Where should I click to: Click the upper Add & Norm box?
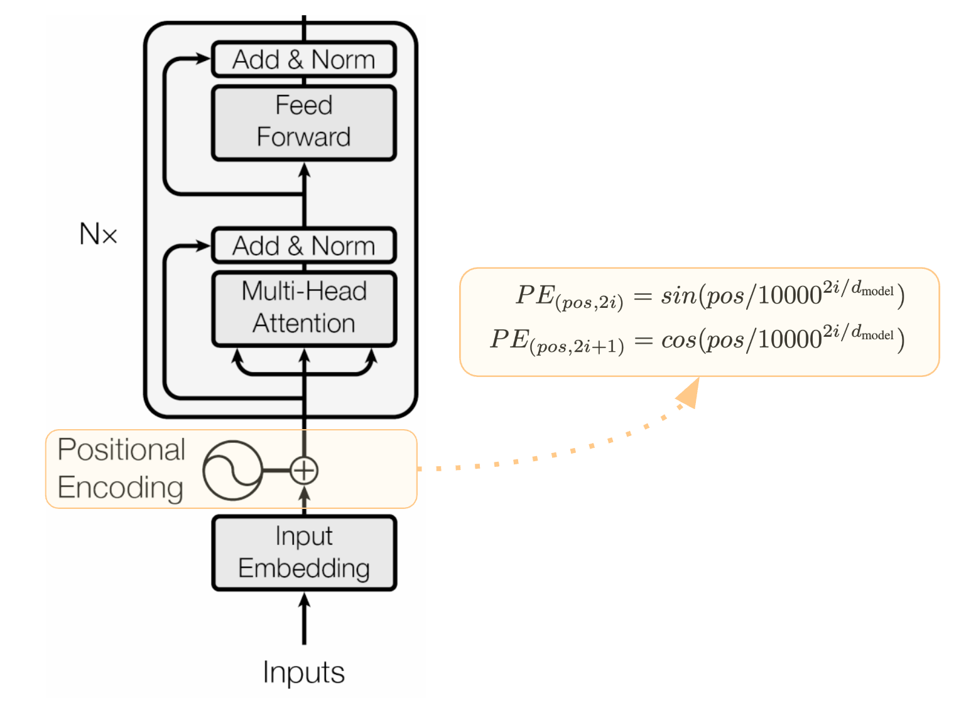tap(304, 60)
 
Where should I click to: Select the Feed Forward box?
tap(304, 122)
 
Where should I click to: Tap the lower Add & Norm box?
tap(304, 246)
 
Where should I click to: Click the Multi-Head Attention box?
tap(304, 308)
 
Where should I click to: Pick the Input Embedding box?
tap(304, 552)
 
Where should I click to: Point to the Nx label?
tap(98, 234)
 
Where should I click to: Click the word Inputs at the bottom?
tap(304, 672)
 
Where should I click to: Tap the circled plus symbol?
tap(304, 471)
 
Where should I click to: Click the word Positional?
tap(121, 450)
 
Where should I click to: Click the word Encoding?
tap(121, 488)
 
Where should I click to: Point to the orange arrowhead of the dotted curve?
tap(690, 394)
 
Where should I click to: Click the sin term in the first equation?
tap(678, 296)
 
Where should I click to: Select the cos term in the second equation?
tap(678, 341)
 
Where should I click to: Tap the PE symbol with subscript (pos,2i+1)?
tap(509, 339)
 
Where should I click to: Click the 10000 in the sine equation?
tap(790, 296)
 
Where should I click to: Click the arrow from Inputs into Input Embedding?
tap(304, 619)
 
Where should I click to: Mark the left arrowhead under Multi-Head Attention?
tap(237, 356)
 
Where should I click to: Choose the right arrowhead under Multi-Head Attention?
tap(371, 356)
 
